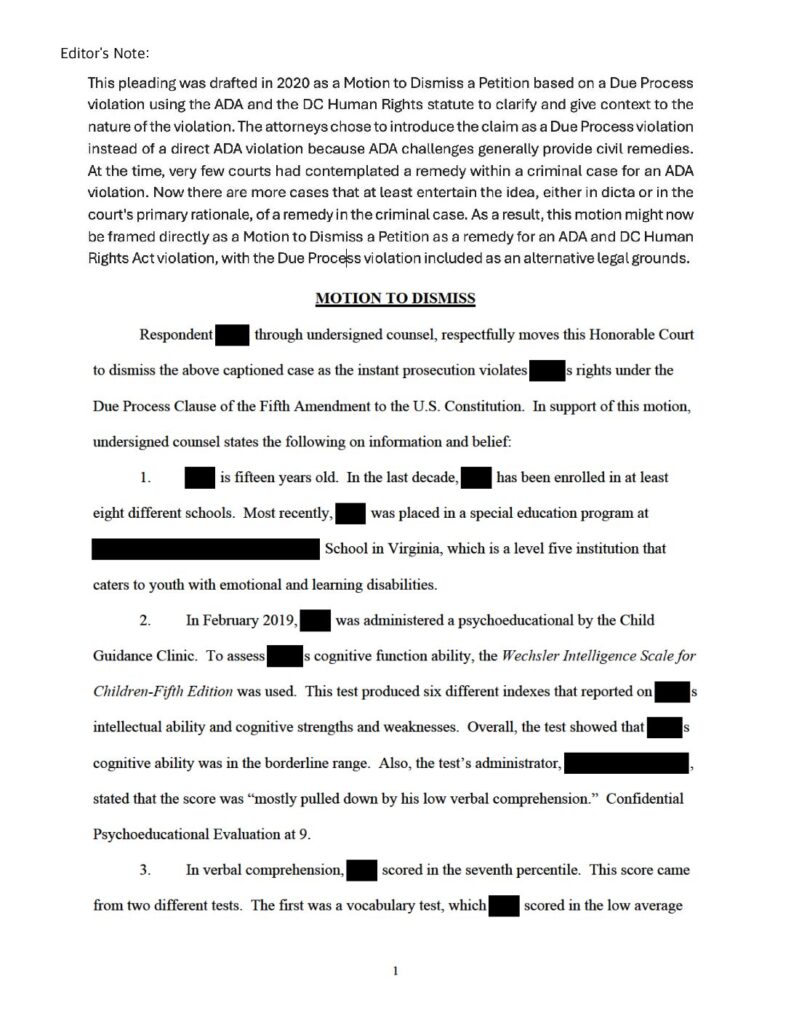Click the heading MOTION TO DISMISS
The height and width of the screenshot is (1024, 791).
click(394, 297)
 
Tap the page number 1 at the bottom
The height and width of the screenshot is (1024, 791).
click(396, 970)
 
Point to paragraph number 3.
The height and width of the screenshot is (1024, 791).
click(145, 871)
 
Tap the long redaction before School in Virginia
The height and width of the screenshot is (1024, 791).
click(205, 549)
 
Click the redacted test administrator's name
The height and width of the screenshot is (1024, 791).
click(627, 764)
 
